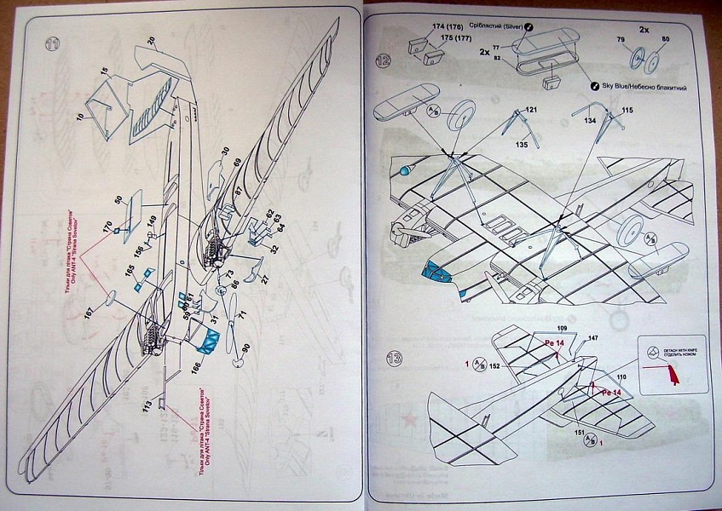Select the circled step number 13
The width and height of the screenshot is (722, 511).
tap(383, 355)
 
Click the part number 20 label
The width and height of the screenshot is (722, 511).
tap(151, 40)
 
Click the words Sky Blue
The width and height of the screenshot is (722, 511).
tap(620, 87)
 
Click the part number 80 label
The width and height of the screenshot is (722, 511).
tap(665, 38)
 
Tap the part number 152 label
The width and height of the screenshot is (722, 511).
tap(496, 365)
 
